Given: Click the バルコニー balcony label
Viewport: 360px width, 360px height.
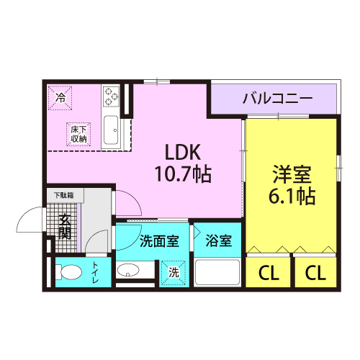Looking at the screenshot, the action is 277,99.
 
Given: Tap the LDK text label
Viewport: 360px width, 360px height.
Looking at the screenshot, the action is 183,153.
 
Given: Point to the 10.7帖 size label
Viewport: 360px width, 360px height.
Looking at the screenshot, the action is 183,174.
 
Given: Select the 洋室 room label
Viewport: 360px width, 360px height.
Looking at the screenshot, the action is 292,174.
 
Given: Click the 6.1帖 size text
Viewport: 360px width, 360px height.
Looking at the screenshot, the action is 292,196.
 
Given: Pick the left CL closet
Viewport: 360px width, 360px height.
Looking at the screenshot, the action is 269,271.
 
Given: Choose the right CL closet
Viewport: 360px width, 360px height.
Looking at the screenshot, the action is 315,271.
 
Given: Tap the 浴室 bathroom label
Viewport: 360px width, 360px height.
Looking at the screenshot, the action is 218,240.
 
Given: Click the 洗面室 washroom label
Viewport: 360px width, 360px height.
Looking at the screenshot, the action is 159,240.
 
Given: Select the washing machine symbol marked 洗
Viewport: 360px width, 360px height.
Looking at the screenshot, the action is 174,273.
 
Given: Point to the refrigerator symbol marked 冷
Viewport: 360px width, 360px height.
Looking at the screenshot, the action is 60,98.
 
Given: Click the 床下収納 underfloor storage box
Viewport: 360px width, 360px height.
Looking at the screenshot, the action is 78,134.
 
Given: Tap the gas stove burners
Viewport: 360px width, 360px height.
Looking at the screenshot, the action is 111,96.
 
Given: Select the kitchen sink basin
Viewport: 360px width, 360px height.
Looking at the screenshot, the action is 111,130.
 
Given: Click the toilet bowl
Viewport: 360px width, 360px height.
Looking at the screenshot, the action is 68,272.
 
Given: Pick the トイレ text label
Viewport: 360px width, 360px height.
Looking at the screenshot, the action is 95,272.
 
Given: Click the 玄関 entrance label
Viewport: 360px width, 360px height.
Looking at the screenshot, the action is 65,227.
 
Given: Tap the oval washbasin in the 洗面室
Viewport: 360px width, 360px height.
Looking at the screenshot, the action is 128,270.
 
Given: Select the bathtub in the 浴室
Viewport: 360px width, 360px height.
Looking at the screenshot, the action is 217,272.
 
